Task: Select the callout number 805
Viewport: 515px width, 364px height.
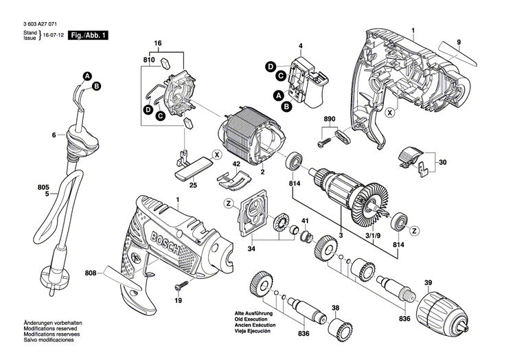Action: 44,187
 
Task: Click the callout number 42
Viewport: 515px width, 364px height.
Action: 236,165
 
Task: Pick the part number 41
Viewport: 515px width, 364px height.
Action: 305,220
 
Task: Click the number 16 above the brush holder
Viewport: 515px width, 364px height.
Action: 157,43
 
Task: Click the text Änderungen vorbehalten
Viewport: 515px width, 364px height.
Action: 52,342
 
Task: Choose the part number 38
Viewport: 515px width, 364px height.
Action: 335,308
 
